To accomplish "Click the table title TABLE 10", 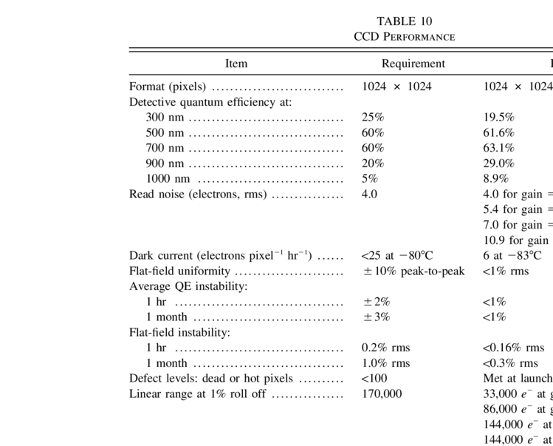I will (404, 21).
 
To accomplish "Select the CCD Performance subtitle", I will (404, 36).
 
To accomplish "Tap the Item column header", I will (236, 64).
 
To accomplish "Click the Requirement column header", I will (413, 64).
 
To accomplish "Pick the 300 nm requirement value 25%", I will (373, 117).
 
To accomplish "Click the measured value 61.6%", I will (498, 132).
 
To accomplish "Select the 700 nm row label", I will (165, 148).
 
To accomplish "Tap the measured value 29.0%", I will (498, 163).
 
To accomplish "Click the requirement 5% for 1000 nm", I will (369, 178).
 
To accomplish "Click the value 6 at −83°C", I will (512, 256).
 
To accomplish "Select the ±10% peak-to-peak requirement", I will (413, 271).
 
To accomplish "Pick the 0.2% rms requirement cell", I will (385, 348).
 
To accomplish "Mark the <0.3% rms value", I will (510, 363).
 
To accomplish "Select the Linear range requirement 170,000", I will (382, 393).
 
